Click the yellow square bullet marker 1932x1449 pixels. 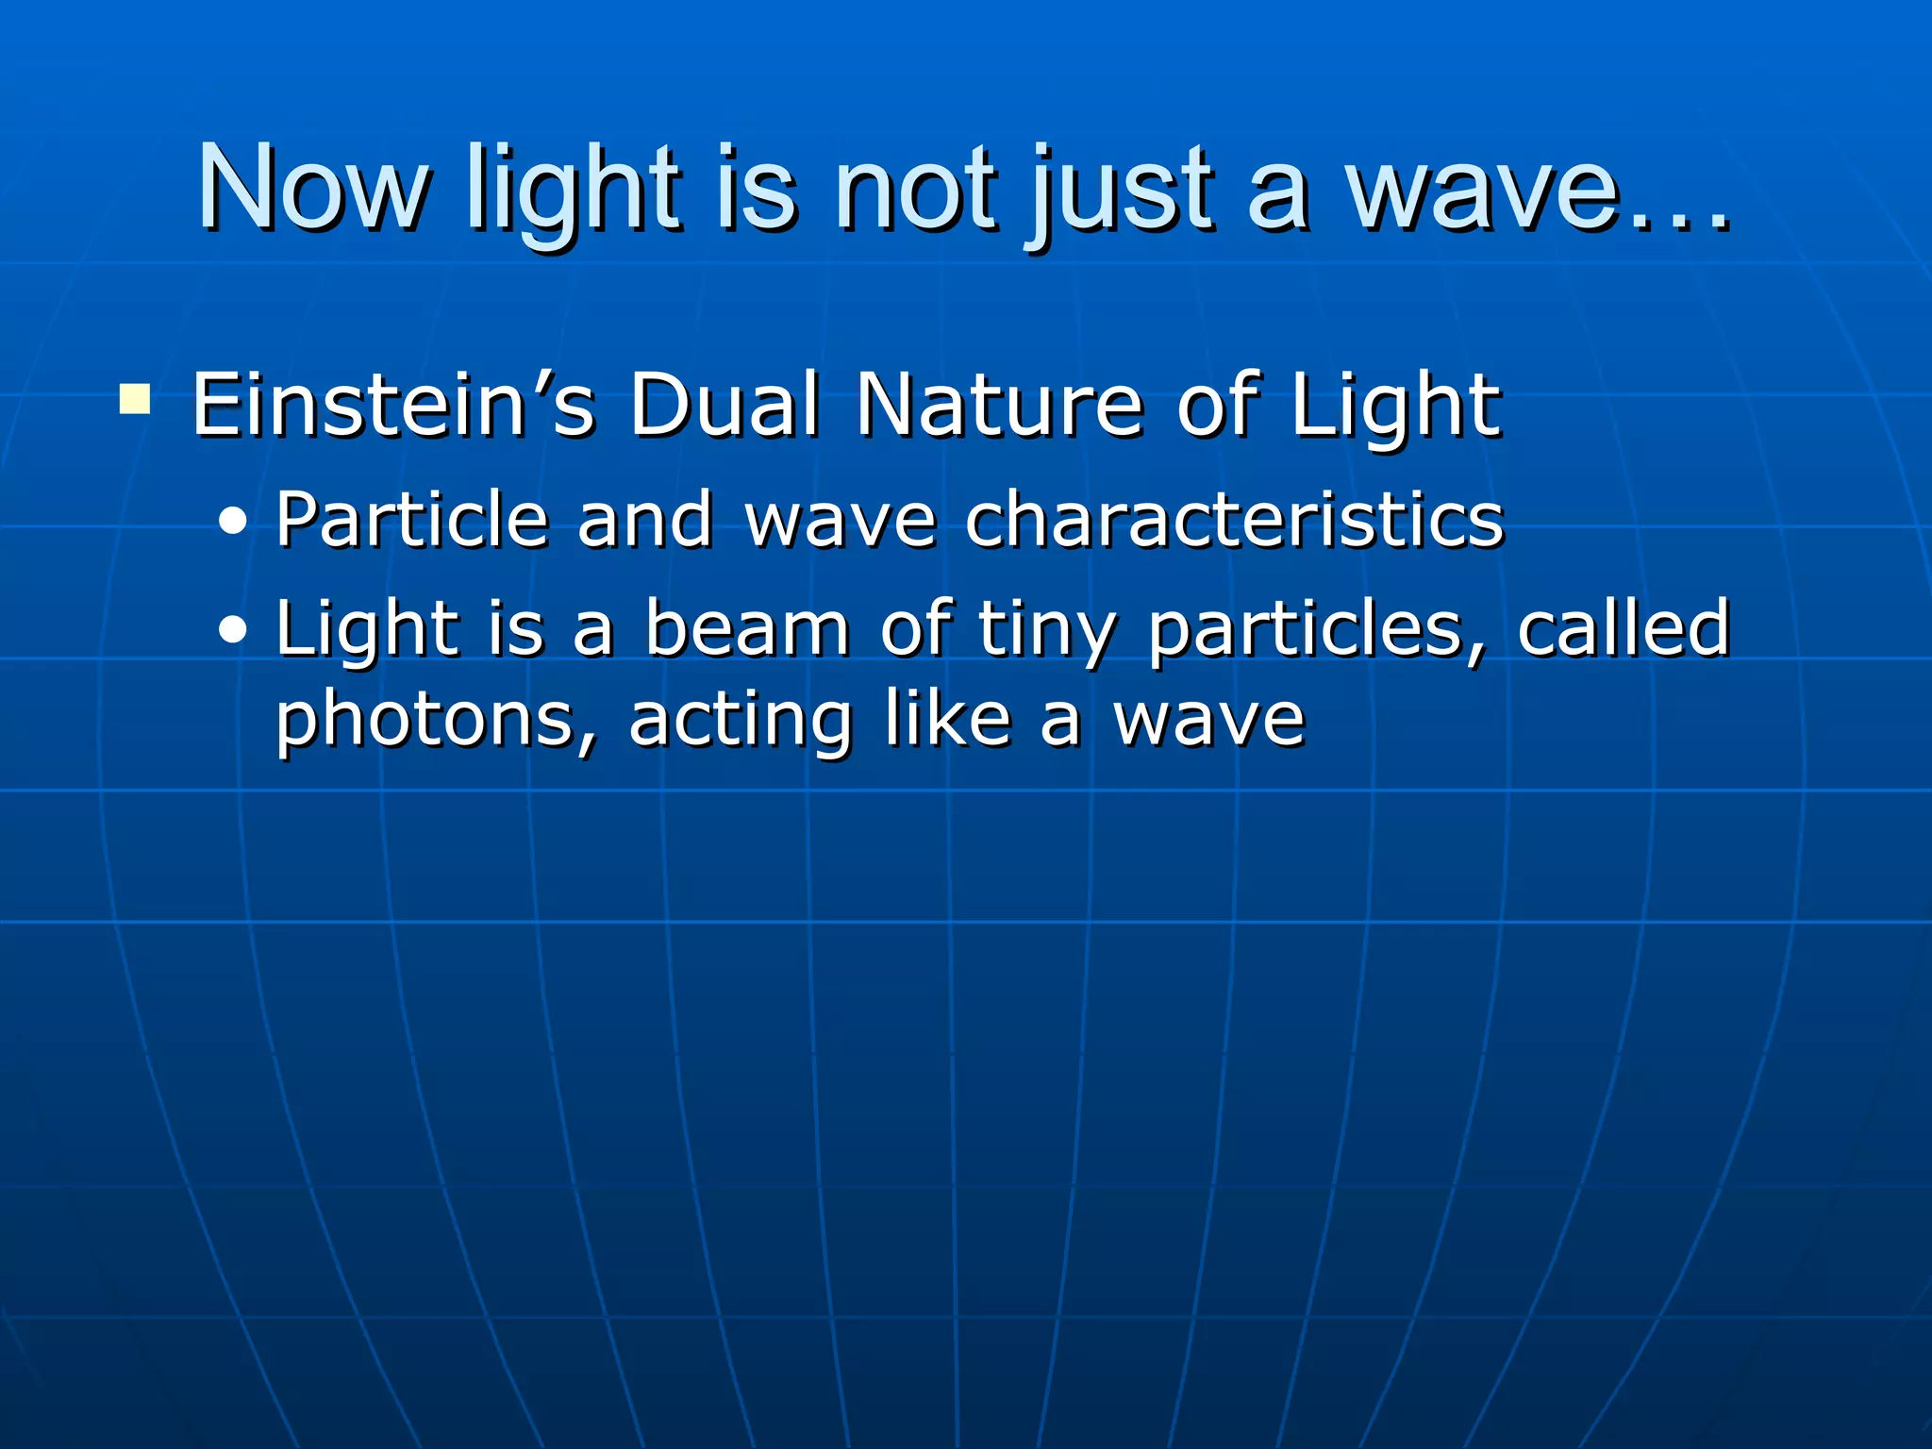pos(135,399)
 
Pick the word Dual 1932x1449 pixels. pos(724,406)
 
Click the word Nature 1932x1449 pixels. pos(1000,406)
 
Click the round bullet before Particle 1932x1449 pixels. pos(232,522)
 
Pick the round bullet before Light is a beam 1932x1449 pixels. pos(232,630)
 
